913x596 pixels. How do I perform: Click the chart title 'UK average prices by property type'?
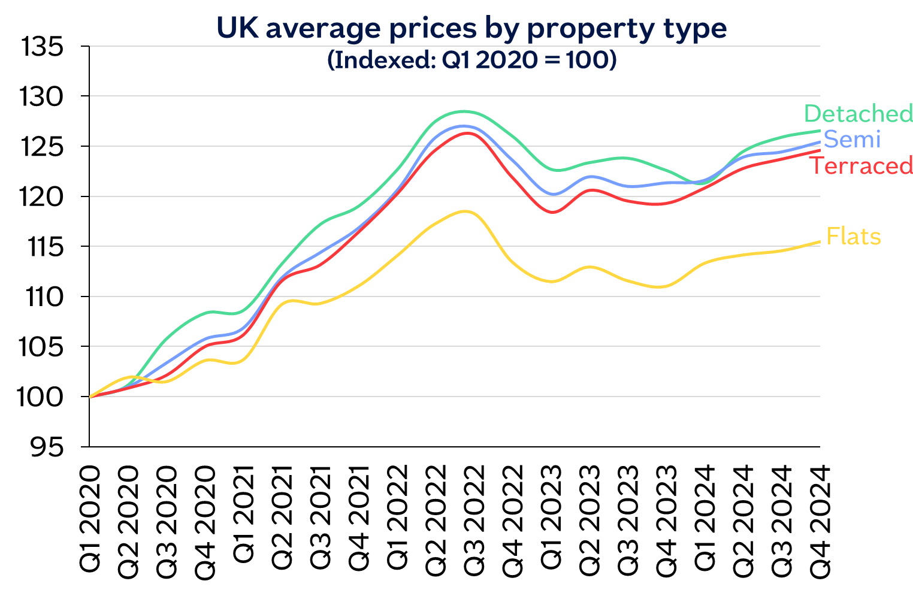[x=471, y=28]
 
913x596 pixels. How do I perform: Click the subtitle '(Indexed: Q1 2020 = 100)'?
[x=471, y=60]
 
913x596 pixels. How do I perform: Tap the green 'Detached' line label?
[x=858, y=113]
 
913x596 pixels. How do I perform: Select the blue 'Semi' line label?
[x=852, y=140]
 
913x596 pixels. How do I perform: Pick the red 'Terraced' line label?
[x=861, y=166]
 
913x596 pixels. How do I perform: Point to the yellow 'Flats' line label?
[x=853, y=237]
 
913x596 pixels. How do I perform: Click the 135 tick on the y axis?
[x=42, y=47]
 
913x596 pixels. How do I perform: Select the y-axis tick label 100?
[x=42, y=397]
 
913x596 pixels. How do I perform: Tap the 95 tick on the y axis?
[x=46, y=447]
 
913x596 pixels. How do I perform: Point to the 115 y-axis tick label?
[x=46, y=247]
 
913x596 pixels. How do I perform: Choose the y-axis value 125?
[x=42, y=147]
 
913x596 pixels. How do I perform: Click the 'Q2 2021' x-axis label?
[x=282, y=519]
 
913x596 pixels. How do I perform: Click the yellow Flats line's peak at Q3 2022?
[x=466, y=211]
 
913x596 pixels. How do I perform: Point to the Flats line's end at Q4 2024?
[x=819, y=242]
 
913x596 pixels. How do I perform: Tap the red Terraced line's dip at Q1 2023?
[x=552, y=212]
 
